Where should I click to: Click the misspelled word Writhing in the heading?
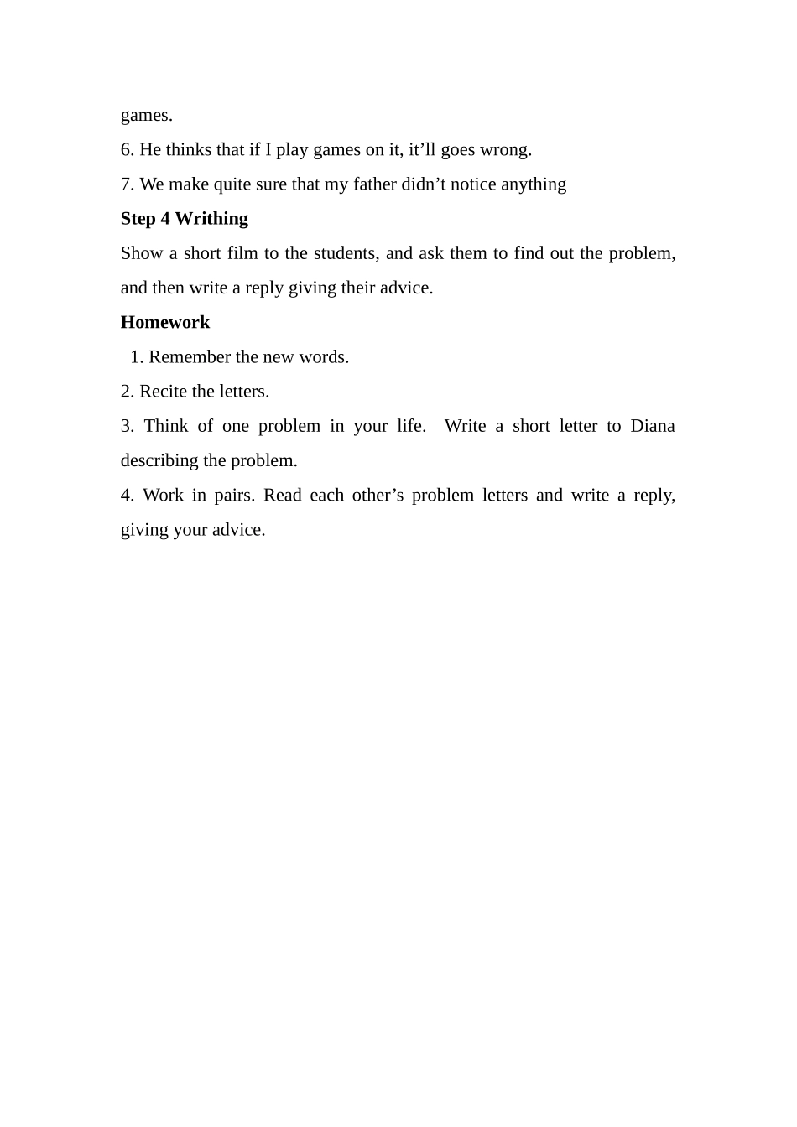click(211, 219)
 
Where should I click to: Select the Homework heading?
click(165, 322)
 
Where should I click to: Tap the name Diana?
click(652, 426)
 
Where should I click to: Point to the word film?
click(242, 253)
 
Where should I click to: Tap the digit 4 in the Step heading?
click(165, 219)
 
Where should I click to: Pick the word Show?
click(141, 253)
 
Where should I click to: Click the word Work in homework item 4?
click(163, 496)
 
